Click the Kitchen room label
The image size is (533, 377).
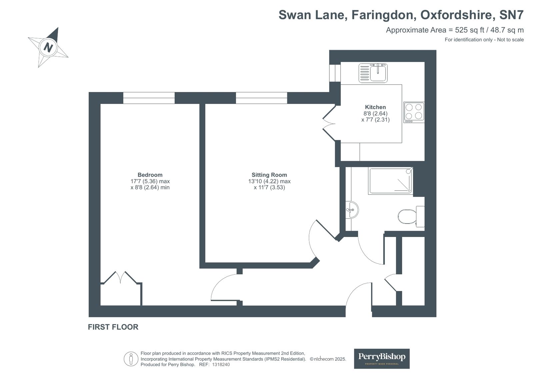(x=375, y=107)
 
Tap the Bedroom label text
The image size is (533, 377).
(x=150, y=175)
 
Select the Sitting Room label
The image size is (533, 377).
(x=269, y=175)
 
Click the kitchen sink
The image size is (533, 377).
(x=373, y=73)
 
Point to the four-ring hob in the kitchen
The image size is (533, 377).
(x=414, y=112)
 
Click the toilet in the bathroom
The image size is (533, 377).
(x=411, y=216)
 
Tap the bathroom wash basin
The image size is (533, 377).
(x=352, y=210)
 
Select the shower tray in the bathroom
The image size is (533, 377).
(x=390, y=181)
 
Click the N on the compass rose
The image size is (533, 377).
(x=48, y=47)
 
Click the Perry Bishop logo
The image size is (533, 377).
(x=382, y=359)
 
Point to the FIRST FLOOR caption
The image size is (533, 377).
(x=113, y=327)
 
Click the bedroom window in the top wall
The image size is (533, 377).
(x=149, y=98)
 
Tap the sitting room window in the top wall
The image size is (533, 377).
(x=262, y=98)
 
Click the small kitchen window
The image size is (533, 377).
(x=335, y=73)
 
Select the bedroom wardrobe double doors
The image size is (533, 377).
(x=121, y=278)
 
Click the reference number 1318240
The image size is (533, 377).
(x=221, y=365)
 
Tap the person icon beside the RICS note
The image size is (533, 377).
(x=131, y=359)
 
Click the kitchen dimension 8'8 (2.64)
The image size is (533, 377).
(x=375, y=114)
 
